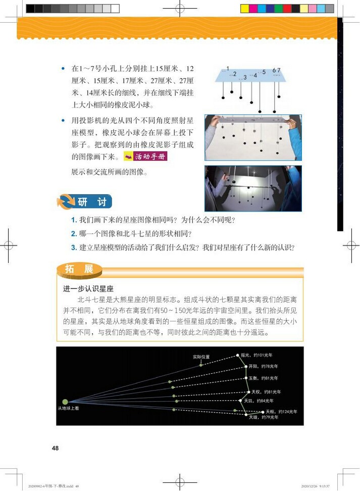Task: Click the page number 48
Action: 56,448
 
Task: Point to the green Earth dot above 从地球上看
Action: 65,402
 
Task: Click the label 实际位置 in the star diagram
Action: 201,357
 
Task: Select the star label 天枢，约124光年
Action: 281,411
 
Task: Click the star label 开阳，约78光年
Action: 263,366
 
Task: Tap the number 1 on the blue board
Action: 228,68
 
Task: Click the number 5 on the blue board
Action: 264,72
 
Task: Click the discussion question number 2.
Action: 74,234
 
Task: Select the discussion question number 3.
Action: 74,248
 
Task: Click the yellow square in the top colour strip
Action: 244,9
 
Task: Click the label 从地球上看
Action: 68,408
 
